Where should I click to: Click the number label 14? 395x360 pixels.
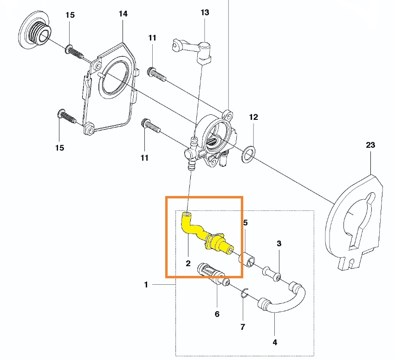[x=123, y=14]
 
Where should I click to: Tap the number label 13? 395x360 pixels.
[x=205, y=13]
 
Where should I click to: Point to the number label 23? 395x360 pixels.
[x=370, y=145]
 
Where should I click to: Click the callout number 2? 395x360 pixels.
[x=188, y=263]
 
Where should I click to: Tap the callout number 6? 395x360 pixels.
[x=217, y=314]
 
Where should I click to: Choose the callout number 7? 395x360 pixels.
[x=242, y=327]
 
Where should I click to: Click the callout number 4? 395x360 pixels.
[x=275, y=343]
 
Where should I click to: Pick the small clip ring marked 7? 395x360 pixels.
[x=246, y=294]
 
